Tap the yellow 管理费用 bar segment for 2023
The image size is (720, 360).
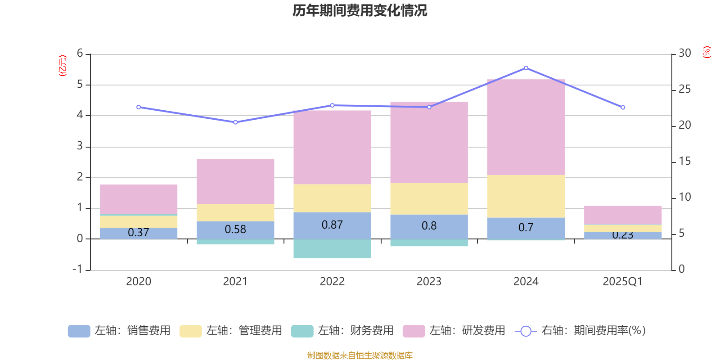pos(429,198)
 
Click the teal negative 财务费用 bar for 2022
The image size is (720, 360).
pos(332,248)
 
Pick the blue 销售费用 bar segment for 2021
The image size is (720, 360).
pos(235,229)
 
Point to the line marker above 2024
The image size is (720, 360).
pos(526,68)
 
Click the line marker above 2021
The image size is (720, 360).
pos(235,122)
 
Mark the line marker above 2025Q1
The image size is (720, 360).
pos(623,108)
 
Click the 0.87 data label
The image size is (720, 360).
pos(332,225)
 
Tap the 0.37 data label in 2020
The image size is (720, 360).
pos(138,232)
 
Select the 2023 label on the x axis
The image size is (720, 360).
pos(429,282)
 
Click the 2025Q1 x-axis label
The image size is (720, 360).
pos(622,282)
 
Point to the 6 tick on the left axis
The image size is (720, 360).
pos(80,54)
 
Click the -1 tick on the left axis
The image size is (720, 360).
pos(78,269)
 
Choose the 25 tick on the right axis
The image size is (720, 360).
pos(684,89)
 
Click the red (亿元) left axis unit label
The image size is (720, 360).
pos(63,66)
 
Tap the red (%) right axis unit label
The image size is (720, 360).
pos(706,52)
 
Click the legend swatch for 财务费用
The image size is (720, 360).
pos(302,331)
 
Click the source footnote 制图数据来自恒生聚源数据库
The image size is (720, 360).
pos(360,355)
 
